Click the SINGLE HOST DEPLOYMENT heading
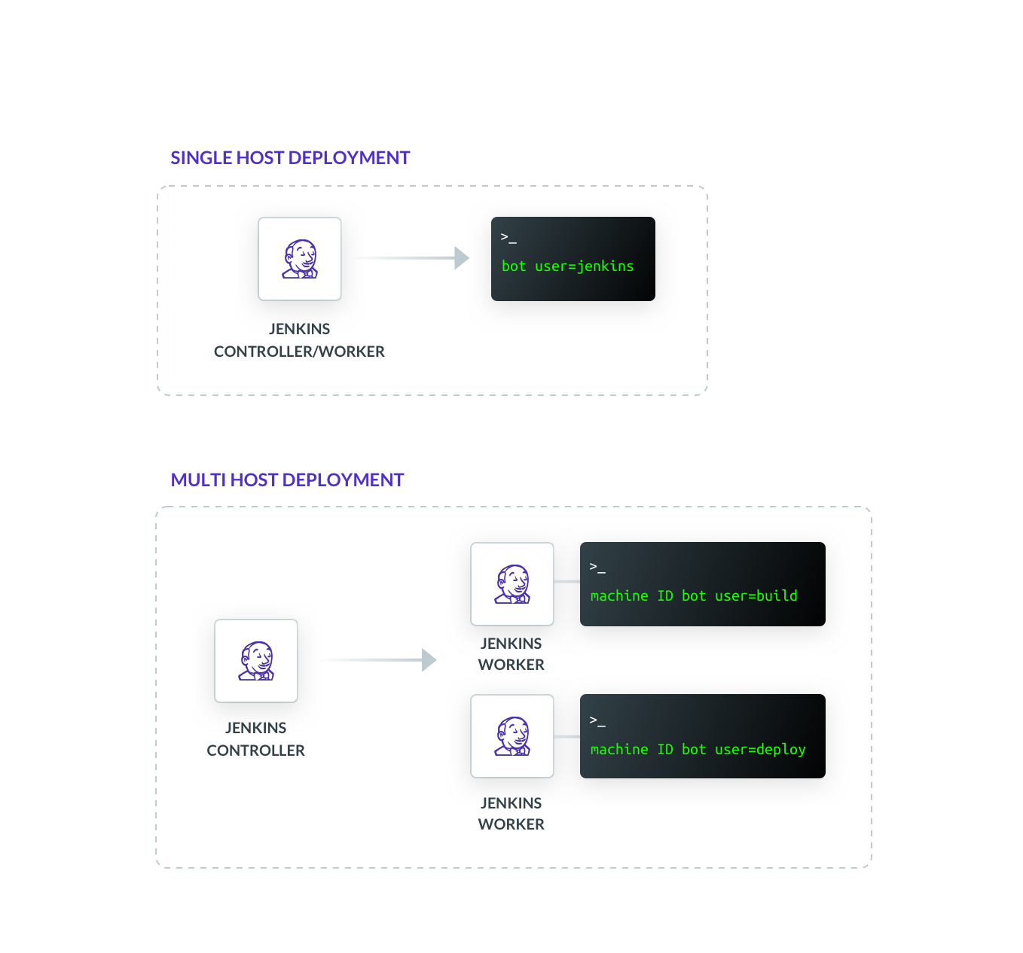coord(290,157)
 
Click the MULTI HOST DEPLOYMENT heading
coord(287,480)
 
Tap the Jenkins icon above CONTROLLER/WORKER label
coord(300,259)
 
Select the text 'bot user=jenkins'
coord(567,266)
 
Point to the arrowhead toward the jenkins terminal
coord(461,258)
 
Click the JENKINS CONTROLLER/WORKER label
coord(299,340)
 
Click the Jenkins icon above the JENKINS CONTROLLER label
coord(256,661)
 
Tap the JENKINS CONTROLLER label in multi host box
coord(255,739)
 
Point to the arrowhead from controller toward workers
coord(429,660)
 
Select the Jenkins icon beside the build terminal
coord(512,584)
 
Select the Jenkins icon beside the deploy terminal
coord(512,736)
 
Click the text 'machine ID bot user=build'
coord(694,595)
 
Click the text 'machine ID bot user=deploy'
coord(698,749)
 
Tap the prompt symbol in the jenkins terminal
coord(508,238)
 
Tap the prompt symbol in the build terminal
coord(597,568)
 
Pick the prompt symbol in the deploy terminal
coord(597,721)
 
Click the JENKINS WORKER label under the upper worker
coord(511,654)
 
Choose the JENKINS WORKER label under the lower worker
coord(511,814)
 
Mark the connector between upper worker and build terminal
coord(566,581)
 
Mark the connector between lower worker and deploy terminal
coord(566,736)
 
